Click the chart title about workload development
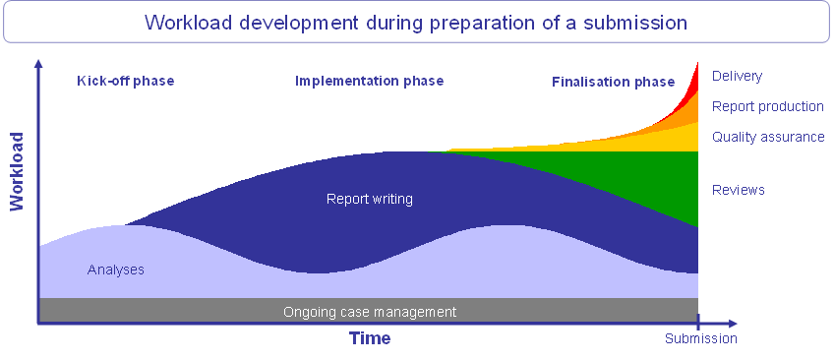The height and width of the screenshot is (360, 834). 416,23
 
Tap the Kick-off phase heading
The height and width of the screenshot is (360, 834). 126,82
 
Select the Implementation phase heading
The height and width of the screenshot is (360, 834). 369,82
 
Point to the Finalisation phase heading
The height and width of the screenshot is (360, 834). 614,82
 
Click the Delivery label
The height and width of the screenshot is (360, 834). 737,77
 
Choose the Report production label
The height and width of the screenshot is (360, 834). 767,107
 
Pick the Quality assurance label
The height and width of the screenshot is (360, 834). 768,137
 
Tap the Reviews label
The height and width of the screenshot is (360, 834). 738,190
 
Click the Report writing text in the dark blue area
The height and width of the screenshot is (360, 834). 370,200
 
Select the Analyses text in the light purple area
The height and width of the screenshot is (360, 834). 115,270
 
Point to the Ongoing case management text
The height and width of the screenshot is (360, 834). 370,312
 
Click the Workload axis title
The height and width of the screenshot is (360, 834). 18,172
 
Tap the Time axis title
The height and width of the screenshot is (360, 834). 370,338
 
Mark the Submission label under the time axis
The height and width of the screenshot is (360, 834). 701,338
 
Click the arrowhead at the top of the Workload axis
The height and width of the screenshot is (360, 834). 37,64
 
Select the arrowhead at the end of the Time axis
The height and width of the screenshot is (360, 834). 732,323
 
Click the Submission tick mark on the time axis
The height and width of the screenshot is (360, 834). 698,322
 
